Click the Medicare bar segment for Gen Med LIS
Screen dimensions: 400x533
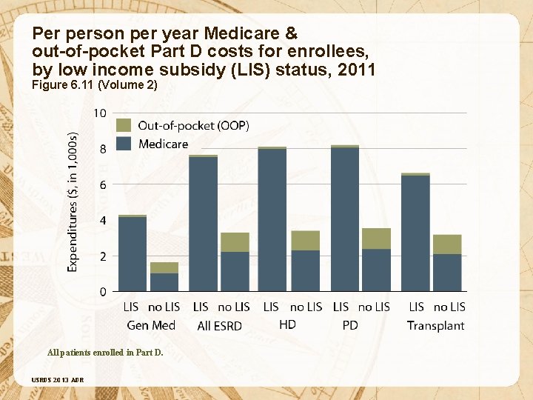pos(133,253)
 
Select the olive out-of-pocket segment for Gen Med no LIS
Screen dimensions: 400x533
pos(164,267)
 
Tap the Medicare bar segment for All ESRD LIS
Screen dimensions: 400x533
pos(204,224)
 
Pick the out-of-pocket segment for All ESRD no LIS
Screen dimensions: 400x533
pos(235,242)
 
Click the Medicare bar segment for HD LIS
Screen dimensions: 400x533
pos(272,219)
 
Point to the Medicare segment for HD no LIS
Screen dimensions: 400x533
pos(306,270)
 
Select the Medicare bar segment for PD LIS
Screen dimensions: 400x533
pos(345,219)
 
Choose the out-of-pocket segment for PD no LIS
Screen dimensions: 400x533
pos(376,239)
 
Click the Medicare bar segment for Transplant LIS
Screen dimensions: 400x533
pos(415,233)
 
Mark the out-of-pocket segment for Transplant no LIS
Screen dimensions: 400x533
pos(447,244)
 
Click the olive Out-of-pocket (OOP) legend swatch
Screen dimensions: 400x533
pos(124,125)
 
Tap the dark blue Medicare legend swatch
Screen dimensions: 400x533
pos(124,143)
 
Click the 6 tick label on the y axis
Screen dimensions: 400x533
pos(103,184)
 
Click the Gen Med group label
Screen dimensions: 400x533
pos(151,325)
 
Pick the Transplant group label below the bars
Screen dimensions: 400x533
pos(435,325)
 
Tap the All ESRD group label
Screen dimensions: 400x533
pos(220,326)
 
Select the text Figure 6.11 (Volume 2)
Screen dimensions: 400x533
pos(95,85)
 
